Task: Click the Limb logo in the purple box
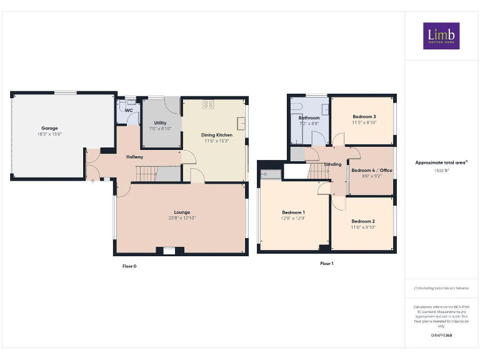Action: pos(441,36)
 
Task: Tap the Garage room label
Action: pos(49,128)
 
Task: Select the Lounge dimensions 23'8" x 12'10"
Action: pos(182,218)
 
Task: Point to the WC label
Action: pos(129,111)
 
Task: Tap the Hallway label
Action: pos(136,157)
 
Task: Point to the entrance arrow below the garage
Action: pos(93,182)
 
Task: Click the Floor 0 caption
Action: pos(129,266)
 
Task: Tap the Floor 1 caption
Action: pos(326,264)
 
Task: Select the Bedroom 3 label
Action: pos(364,117)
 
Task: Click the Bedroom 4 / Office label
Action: pos(371,170)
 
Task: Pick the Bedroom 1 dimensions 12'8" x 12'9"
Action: pos(293,218)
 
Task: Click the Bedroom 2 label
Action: pos(362,221)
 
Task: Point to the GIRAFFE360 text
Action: pos(441,336)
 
